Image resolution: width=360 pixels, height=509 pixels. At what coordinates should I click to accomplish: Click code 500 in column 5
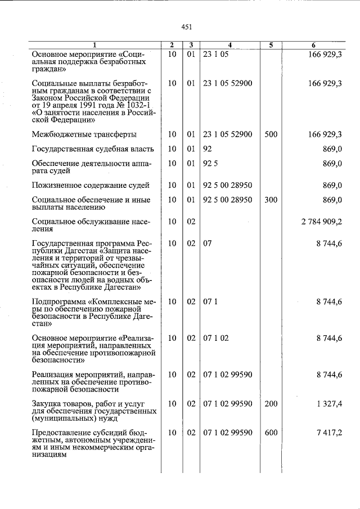coord(271,134)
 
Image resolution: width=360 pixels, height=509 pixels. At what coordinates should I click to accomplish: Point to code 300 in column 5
coord(271,200)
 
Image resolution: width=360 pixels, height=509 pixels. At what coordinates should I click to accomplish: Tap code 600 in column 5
coord(271,433)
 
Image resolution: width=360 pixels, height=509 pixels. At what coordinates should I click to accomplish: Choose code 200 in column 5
coord(271,404)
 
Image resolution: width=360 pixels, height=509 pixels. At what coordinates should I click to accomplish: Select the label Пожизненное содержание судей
coord(90,185)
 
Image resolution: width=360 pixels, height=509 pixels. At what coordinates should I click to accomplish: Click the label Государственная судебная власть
coord(93,149)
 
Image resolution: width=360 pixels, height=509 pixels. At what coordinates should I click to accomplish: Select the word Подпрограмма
coord(58,301)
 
